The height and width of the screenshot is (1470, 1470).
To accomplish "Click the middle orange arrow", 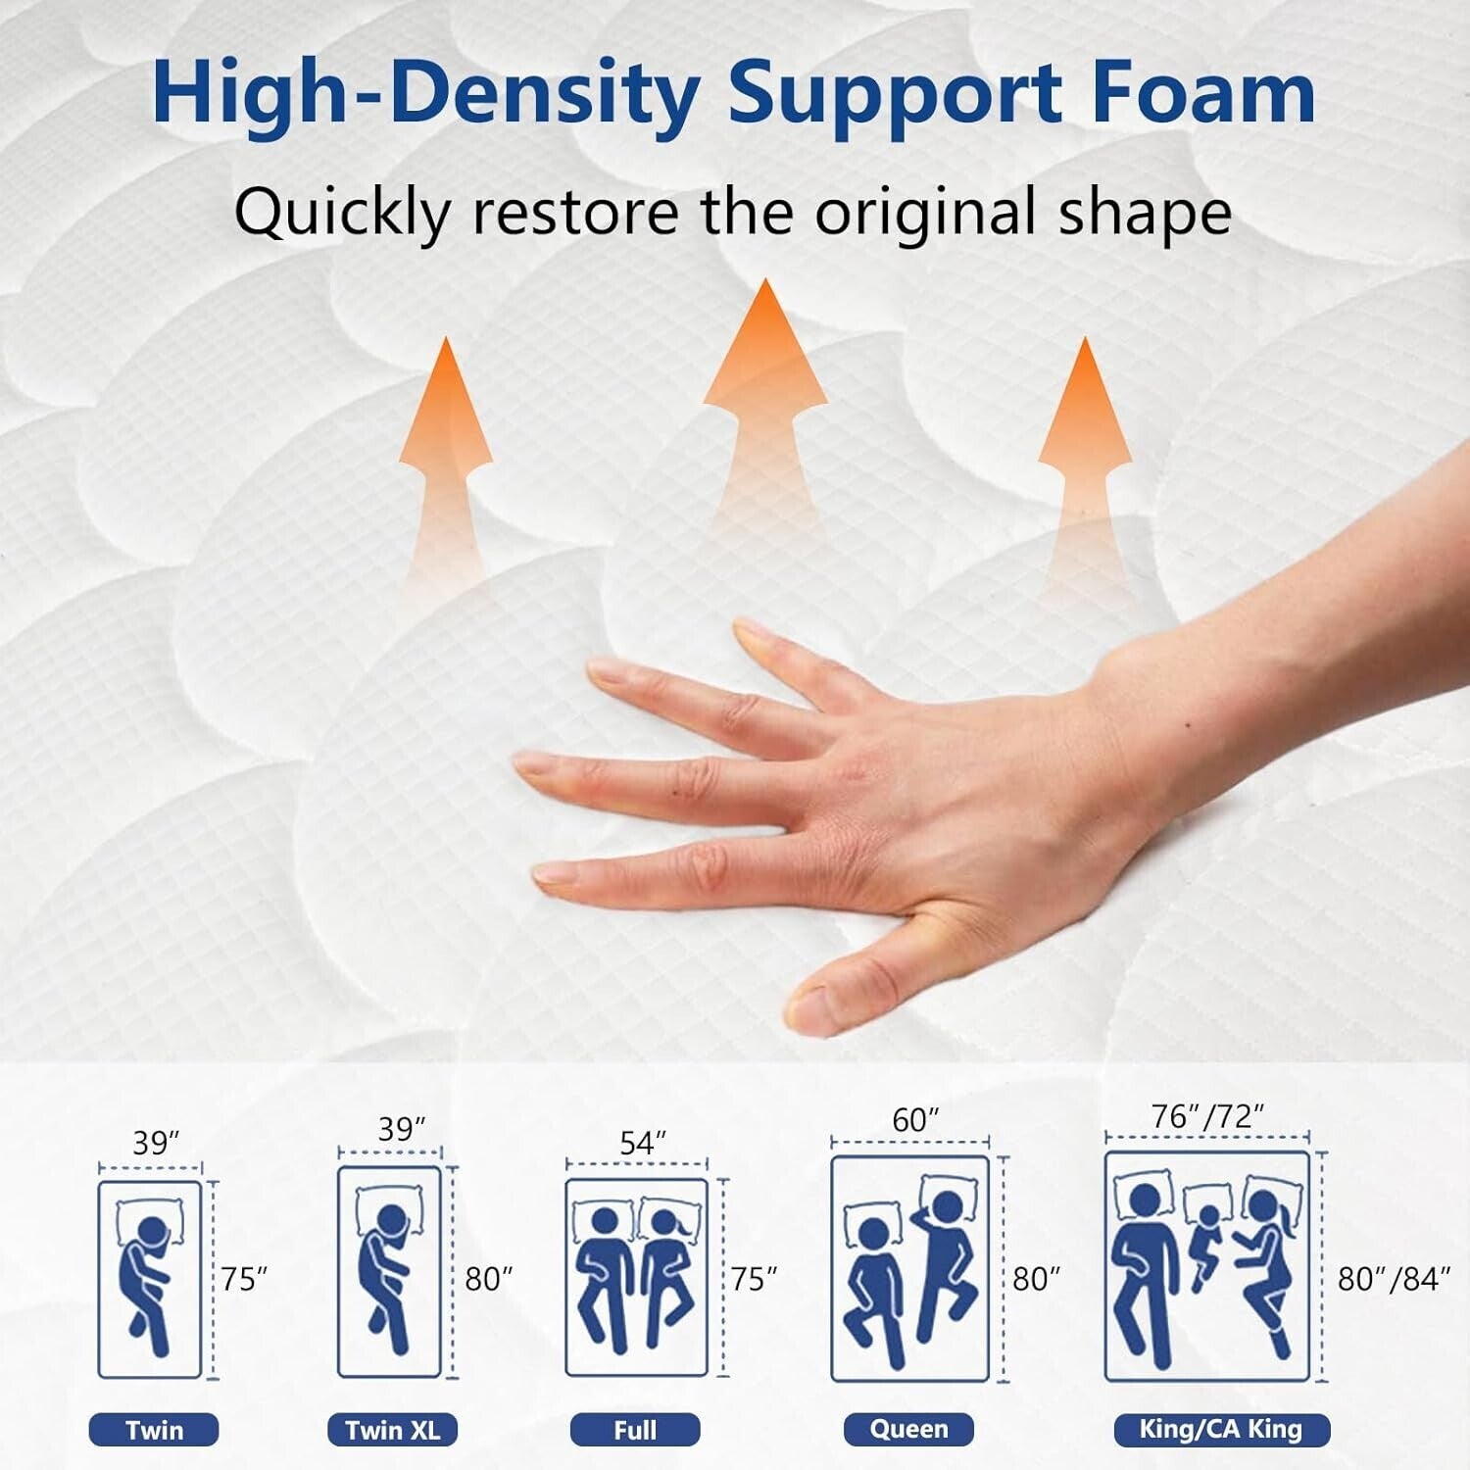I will pos(764,392).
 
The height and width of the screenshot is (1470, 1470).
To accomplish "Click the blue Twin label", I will pos(154,1431).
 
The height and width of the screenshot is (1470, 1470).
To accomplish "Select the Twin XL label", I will pos(392,1431).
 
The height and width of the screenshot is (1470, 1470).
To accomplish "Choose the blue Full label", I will pos(635,1431).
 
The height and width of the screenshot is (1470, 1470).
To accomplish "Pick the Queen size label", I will pos(908,1429).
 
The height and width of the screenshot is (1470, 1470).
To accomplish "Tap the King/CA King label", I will pos(1221,1430).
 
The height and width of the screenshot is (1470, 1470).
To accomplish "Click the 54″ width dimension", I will pos(643,1142).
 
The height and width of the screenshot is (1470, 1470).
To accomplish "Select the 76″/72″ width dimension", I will pos(1208,1116).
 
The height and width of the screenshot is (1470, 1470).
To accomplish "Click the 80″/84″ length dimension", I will pos(1394,1279).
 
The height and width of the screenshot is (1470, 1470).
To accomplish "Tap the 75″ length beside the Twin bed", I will pos(243,1279).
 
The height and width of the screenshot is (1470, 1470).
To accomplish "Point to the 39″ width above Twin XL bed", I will pos(402,1130).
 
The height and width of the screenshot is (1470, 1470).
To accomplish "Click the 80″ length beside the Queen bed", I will pos(1037,1279).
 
